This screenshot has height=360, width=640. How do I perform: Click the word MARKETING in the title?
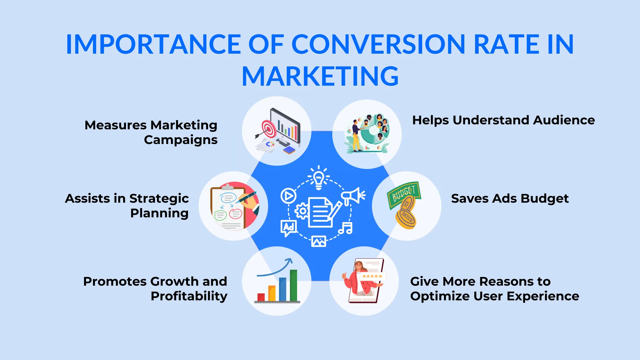click(320, 76)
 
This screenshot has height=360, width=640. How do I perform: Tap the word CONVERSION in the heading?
click(378, 44)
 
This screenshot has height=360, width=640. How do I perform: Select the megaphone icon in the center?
click(352, 196)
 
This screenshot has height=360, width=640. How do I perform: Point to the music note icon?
click(346, 228)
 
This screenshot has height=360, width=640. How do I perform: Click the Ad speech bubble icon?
click(288, 228)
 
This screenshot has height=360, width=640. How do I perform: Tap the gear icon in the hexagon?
click(302, 211)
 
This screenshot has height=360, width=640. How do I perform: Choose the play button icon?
click(288, 196)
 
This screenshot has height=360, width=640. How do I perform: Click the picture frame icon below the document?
click(319, 241)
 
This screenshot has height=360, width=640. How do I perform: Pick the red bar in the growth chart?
click(261, 297)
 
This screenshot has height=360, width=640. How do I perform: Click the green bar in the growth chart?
click(293, 286)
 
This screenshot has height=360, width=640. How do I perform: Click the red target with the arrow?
click(269, 129)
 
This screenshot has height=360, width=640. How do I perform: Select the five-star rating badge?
click(372, 276)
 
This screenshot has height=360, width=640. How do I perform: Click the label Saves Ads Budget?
click(510, 198)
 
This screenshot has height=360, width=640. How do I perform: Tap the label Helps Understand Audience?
click(503, 120)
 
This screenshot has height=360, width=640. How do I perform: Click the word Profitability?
click(189, 296)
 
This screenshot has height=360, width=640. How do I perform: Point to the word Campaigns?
click(181, 140)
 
